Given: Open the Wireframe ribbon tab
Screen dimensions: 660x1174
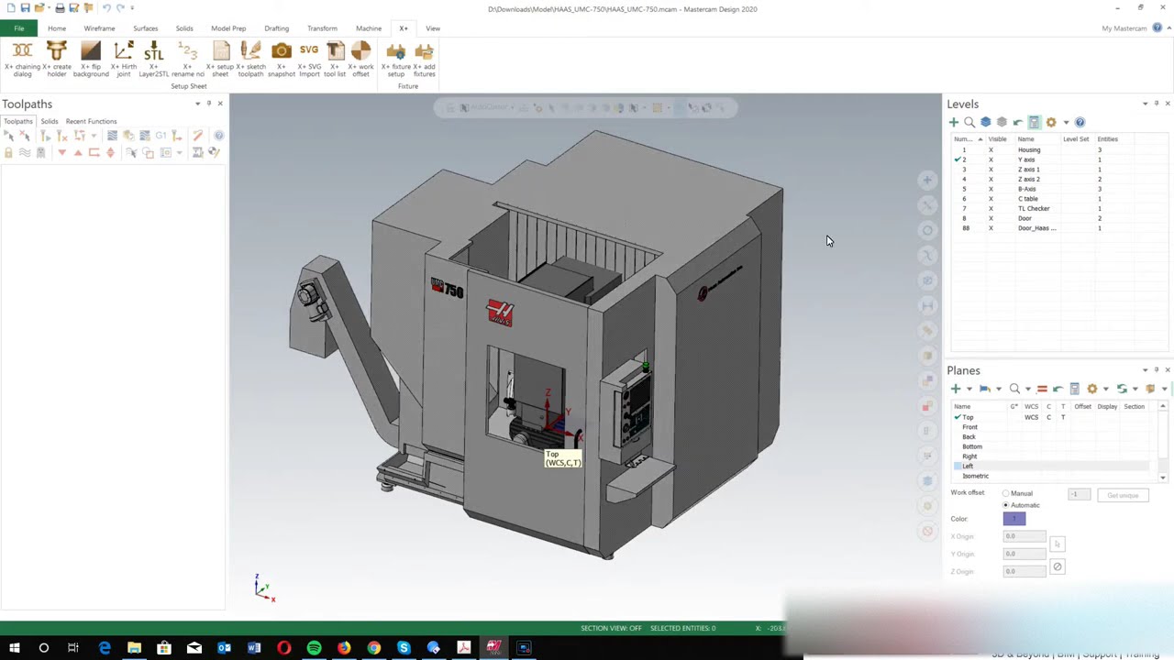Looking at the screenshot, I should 99,28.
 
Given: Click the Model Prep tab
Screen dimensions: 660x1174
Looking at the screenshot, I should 227,28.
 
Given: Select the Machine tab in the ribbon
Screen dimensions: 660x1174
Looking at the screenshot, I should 368,28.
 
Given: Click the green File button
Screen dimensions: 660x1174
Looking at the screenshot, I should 18,28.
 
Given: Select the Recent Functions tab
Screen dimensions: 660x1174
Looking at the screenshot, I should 91,121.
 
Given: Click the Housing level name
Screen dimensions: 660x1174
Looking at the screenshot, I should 1028,149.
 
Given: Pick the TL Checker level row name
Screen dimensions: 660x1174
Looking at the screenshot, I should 1033,208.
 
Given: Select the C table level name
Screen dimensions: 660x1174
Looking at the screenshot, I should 1027,199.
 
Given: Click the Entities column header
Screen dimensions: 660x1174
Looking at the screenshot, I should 1107,139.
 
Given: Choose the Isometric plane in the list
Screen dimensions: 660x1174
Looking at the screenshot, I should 975,476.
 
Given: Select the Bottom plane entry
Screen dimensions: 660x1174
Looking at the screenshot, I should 971,446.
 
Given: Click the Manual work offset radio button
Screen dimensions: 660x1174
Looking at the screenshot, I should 1006,493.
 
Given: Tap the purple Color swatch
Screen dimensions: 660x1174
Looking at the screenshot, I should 1013,519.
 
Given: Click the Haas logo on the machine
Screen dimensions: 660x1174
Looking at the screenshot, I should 500,313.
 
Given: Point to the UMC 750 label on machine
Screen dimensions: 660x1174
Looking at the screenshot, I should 448,289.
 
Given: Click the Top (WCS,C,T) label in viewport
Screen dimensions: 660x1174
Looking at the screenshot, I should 562,458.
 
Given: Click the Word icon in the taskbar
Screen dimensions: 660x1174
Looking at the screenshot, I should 254,648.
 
